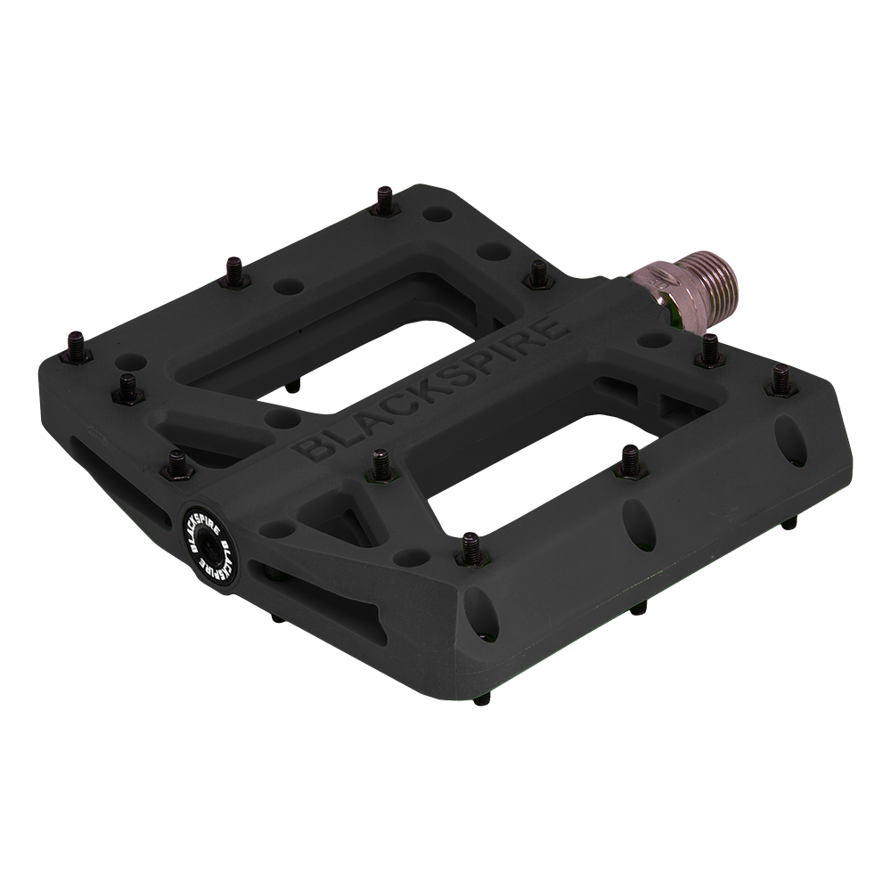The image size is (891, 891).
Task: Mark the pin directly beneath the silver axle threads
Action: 709,349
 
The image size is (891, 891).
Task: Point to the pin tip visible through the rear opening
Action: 293,386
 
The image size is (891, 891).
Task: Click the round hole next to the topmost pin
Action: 436,217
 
